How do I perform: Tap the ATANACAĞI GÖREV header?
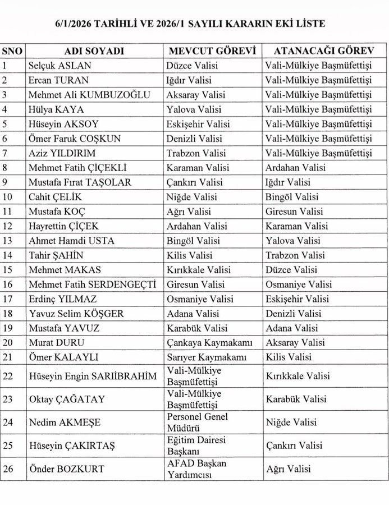(x=319, y=50)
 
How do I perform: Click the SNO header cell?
(x=12, y=50)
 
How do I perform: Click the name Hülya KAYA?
(x=54, y=109)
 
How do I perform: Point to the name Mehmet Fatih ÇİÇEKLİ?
(x=77, y=168)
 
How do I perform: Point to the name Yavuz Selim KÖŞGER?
(x=76, y=313)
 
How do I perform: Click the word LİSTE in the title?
(x=310, y=24)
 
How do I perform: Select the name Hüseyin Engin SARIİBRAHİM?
(x=91, y=376)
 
